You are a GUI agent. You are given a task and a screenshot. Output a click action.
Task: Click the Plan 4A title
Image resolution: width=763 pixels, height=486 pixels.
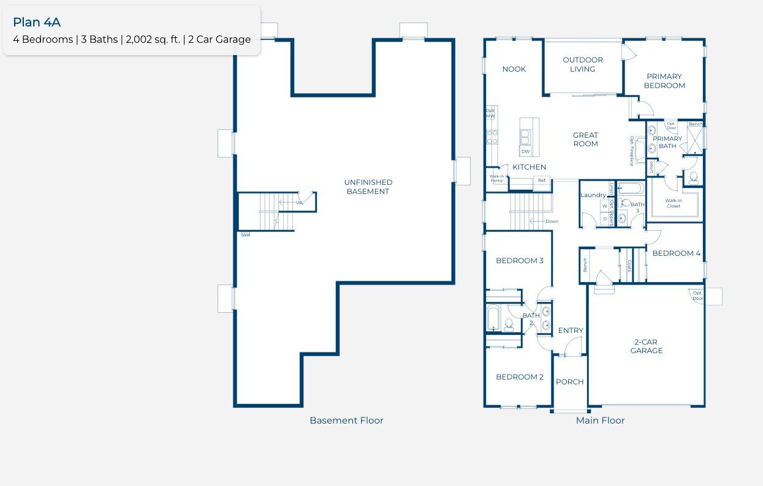tap(37, 22)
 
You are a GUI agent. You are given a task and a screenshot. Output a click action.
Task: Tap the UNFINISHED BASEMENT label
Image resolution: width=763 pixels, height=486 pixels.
tap(368, 187)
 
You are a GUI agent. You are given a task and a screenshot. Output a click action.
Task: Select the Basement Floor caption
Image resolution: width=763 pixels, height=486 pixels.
tap(346, 421)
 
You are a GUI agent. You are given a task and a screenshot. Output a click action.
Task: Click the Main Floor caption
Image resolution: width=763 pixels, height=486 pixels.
tap(600, 421)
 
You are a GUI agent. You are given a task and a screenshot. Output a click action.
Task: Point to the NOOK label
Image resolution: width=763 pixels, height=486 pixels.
tap(514, 69)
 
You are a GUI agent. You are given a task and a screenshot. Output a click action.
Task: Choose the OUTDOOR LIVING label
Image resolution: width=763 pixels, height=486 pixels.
tap(583, 64)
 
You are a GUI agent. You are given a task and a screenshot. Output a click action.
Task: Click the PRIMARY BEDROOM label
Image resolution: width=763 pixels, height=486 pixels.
tap(664, 81)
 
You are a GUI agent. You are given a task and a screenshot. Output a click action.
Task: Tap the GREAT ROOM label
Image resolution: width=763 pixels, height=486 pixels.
tap(585, 140)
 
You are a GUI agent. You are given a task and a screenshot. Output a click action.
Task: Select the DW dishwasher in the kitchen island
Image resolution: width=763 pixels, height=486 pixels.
tap(525, 151)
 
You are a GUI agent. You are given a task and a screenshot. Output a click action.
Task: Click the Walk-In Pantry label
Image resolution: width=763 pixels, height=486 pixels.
tap(496, 179)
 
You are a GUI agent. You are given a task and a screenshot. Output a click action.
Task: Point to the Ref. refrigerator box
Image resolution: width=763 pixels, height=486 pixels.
tap(542, 180)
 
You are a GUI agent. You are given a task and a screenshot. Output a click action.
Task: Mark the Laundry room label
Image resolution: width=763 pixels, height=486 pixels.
tap(593, 195)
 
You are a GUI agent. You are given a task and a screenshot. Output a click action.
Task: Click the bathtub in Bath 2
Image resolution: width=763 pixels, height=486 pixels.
tap(493, 318)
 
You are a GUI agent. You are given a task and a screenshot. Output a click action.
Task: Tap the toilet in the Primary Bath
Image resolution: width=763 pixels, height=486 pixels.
tap(693, 178)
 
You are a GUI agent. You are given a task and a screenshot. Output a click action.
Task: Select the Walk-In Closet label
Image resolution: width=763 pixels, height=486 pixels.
tap(674, 203)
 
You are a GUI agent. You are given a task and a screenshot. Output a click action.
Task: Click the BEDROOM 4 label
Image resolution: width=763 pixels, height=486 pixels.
tap(676, 253)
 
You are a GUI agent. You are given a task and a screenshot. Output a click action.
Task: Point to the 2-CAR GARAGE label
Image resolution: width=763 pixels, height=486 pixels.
tap(647, 346)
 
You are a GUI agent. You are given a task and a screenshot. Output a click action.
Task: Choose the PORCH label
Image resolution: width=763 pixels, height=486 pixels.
tap(569, 382)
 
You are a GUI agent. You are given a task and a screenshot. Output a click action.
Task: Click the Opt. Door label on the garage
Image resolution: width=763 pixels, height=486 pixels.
tap(697, 296)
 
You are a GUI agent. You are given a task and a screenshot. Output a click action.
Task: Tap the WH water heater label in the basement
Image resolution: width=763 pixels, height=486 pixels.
tap(245, 234)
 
